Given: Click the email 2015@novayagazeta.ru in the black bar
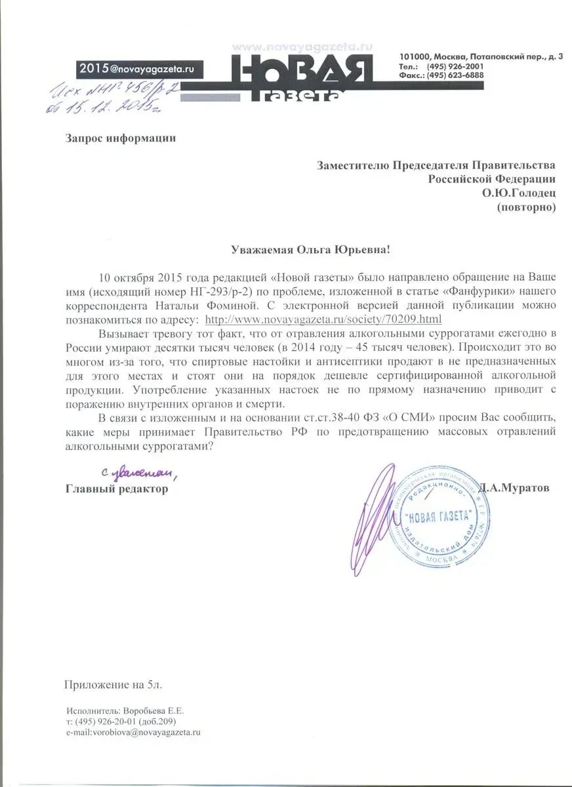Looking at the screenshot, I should (x=137, y=68).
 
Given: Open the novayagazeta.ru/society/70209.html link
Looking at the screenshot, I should (x=323, y=319).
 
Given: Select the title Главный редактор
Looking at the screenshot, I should (x=116, y=489).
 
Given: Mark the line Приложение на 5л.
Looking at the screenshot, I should (x=112, y=685).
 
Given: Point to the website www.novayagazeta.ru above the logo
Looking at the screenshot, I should (x=302, y=47).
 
